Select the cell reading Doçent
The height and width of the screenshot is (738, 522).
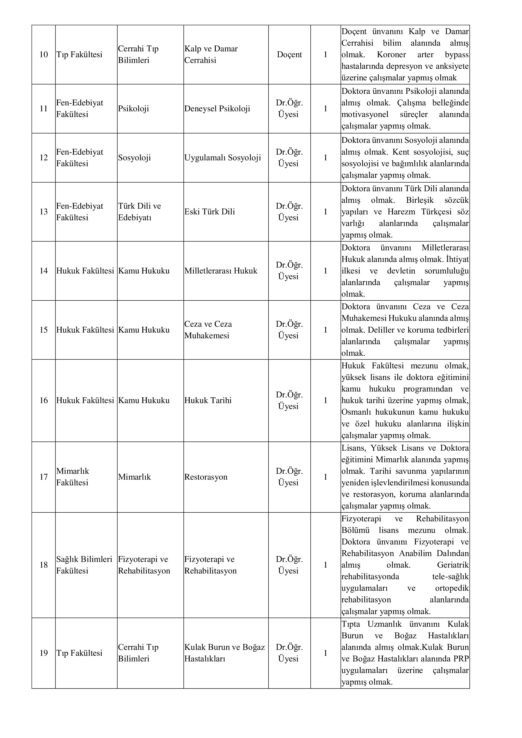click(289, 55)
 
